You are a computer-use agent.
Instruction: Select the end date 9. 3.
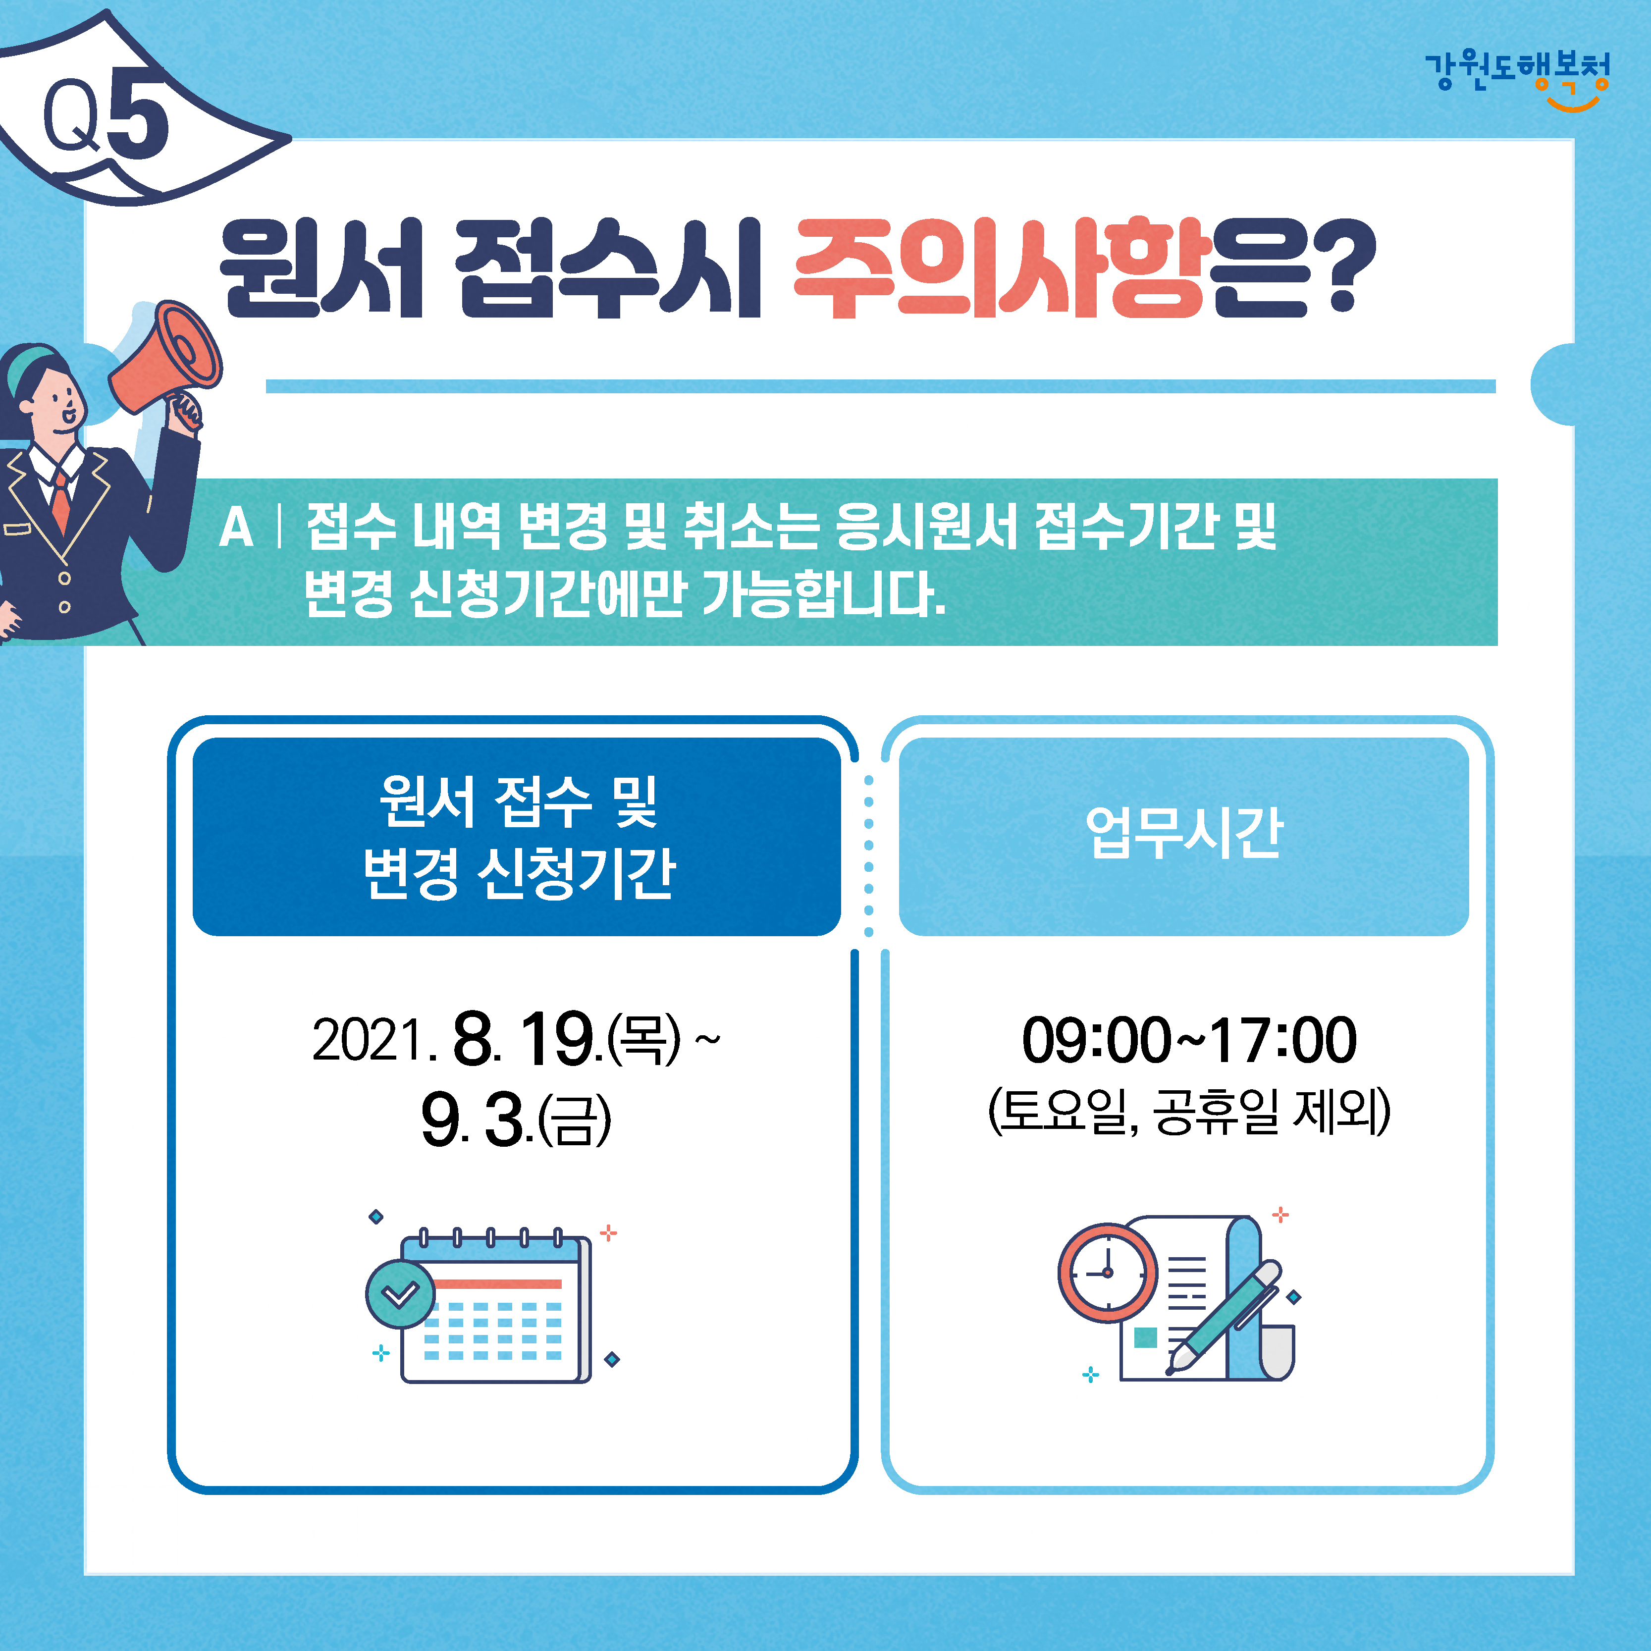tap(477, 1120)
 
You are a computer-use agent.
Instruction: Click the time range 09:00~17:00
tap(1189, 1041)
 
